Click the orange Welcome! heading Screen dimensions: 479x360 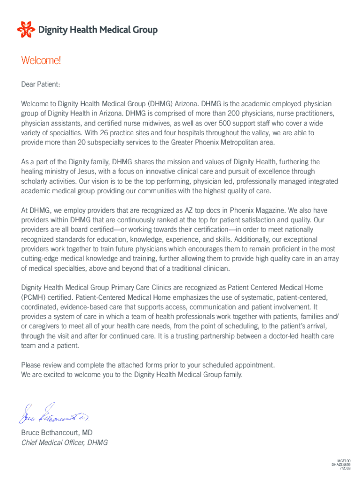[41, 61]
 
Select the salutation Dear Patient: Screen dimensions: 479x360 [41, 85]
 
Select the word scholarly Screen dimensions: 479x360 [35, 181]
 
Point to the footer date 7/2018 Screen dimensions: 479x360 [346, 468]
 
